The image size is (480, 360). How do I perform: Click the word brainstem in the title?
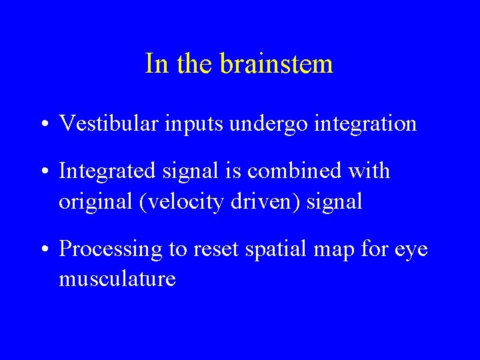pos(276,64)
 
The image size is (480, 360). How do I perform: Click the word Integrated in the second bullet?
pos(106,171)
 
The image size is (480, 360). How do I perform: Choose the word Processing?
pos(111,250)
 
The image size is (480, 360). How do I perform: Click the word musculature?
pos(117,279)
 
